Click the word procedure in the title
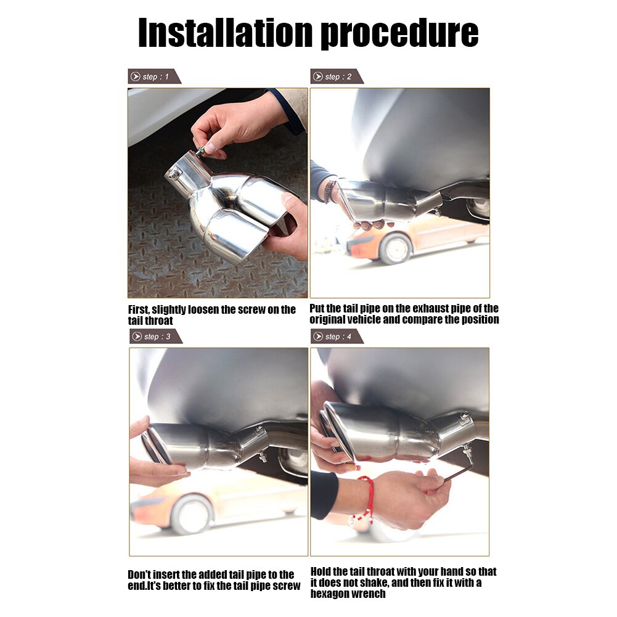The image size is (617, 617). (400, 35)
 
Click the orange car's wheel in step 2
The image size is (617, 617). (395, 248)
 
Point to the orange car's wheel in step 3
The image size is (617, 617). (191, 514)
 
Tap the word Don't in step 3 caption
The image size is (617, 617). (139, 574)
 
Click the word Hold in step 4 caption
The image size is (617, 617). (320, 571)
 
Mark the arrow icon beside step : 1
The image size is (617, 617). (136, 76)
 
